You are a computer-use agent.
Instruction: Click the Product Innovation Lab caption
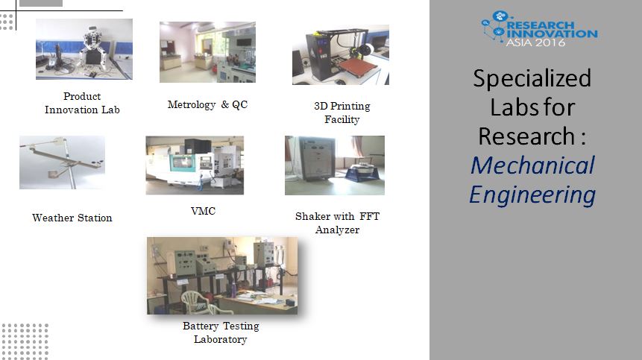[x=82, y=103]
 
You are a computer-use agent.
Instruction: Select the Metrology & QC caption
[x=207, y=105]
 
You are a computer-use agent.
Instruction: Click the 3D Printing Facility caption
[x=342, y=113]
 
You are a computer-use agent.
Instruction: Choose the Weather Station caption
[x=72, y=218]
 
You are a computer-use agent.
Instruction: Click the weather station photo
[x=62, y=162]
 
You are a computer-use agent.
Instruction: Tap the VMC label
[x=203, y=211]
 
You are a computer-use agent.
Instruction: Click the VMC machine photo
[x=195, y=165]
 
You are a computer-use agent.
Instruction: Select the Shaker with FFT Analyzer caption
[x=337, y=223]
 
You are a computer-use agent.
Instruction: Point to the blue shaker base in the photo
[x=362, y=172]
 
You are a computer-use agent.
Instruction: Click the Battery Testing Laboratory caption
[x=221, y=332]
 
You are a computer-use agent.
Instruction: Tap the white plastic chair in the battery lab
[x=195, y=303]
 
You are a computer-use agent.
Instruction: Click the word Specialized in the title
[x=532, y=78]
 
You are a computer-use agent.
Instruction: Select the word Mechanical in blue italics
[x=532, y=165]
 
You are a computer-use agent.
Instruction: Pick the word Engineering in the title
[x=532, y=195]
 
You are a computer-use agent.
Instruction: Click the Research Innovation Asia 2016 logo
[x=539, y=28]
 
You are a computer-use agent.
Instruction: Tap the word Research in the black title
[x=526, y=136]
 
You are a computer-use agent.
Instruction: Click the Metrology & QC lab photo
[x=207, y=52]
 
